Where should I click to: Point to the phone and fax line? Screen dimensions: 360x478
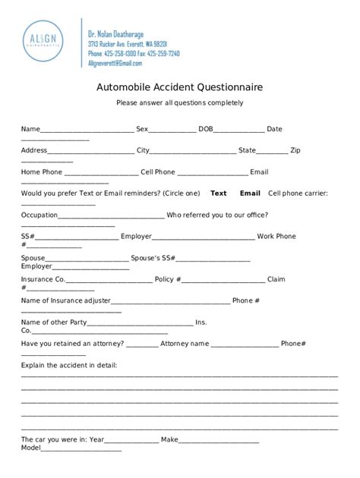133,54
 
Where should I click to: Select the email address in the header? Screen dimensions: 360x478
115,64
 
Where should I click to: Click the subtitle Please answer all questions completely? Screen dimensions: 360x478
179,102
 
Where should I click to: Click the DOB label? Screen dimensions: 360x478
206,129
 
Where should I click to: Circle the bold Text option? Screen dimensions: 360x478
219,193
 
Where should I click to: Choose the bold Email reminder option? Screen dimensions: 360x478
250,193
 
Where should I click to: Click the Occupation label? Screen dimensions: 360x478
39,215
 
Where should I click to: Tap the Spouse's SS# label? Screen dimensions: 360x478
158,258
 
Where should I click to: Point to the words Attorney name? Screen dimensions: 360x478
185,344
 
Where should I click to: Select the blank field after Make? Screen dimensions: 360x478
219,440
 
